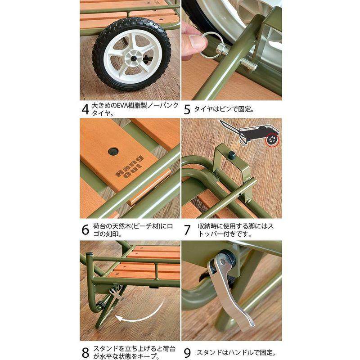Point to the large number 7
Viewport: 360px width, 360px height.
[x=187, y=229]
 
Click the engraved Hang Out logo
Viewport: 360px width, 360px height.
[x=130, y=167]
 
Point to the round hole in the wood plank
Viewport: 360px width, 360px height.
[x=113, y=151]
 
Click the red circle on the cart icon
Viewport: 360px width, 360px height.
[x=272, y=140]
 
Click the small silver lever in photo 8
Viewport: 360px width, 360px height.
[x=117, y=294]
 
